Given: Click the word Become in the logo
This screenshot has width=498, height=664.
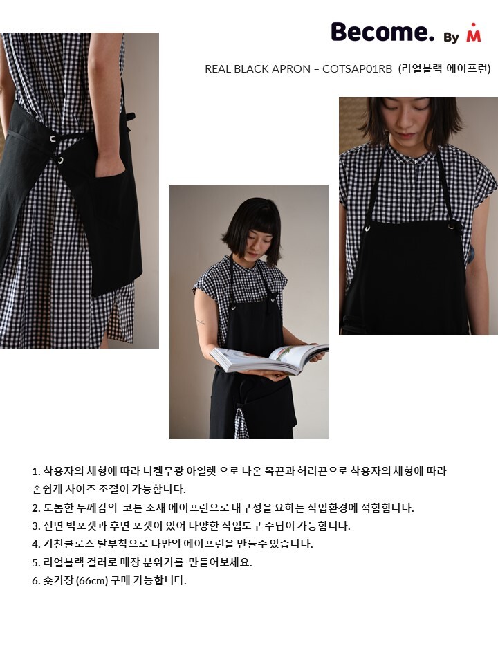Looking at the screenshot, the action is click(x=382, y=32).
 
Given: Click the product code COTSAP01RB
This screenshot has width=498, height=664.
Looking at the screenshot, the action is click(x=358, y=68).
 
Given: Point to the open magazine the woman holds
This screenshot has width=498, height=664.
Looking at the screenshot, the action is click(x=269, y=358).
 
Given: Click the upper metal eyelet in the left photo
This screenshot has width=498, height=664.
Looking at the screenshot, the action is click(x=53, y=138).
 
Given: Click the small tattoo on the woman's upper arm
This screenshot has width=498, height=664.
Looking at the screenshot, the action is click(x=201, y=322).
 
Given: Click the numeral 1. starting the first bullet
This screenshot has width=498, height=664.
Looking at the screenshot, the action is click(x=36, y=471).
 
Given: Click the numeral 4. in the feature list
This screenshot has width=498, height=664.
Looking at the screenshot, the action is click(x=36, y=544).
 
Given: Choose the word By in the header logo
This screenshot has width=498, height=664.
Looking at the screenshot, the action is click(x=452, y=37).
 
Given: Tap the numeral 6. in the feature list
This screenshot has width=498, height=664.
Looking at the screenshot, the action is click(x=36, y=580).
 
